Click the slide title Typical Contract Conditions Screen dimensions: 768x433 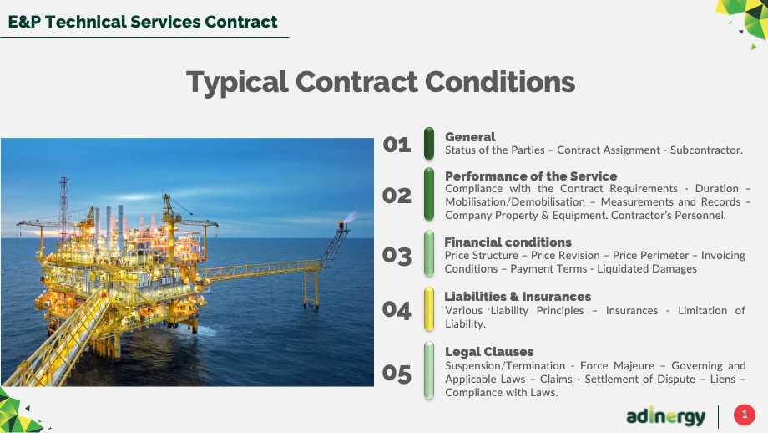[381, 82]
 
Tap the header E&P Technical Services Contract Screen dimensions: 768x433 [143, 22]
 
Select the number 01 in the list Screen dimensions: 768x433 [397, 145]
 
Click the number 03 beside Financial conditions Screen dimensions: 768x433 [397, 256]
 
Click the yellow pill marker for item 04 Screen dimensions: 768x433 [429, 309]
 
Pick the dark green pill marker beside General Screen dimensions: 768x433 [429, 144]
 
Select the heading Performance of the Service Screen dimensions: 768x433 [531, 176]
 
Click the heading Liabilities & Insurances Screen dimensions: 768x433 [518, 297]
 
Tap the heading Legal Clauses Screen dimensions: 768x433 [489, 352]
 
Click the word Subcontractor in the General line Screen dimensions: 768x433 [706, 150]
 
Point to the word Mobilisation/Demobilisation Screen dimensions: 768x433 [515, 202]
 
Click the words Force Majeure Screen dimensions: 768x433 [617, 366]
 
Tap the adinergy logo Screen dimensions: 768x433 [665, 416]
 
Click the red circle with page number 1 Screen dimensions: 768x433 [745, 415]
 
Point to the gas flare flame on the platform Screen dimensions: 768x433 [351, 216]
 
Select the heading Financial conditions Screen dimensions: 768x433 [508, 242]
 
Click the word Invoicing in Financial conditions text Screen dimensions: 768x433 [723, 256]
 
